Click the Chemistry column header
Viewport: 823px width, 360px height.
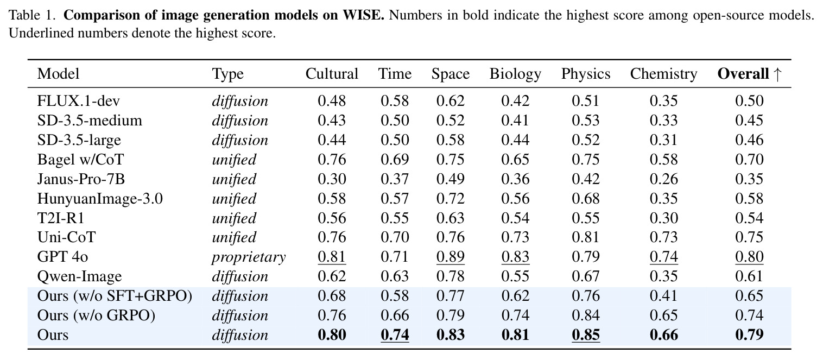click(x=663, y=74)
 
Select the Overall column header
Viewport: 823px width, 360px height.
click(x=750, y=74)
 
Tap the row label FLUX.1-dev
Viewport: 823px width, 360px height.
click(x=79, y=100)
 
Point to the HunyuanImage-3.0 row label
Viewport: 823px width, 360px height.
click(x=100, y=198)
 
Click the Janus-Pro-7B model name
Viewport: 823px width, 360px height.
click(x=81, y=179)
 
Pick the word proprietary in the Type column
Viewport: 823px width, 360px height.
click(x=249, y=257)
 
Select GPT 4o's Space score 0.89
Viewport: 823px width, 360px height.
click(x=451, y=257)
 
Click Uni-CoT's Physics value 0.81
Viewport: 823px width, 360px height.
click(x=586, y=237)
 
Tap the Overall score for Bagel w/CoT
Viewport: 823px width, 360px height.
click(x=750, y=160)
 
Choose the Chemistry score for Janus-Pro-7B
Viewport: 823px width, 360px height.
click(x=663, y=179)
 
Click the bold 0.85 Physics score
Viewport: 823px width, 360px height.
click(x=586, y=335)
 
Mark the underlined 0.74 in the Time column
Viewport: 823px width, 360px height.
click(x=395, y=335)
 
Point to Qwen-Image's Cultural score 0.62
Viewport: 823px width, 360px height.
click(x=332, y=276)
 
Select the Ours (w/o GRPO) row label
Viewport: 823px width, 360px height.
click(x=96, y=315)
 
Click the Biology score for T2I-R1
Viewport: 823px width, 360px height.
click(x=515, y=218)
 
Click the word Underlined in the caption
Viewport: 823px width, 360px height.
click(x=35, y=33)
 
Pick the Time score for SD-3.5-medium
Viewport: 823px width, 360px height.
click(x=395, y=121)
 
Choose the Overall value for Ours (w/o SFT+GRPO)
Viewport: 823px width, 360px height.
click(x=750, y=296)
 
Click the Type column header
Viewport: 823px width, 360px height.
click(x=228, y=74)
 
